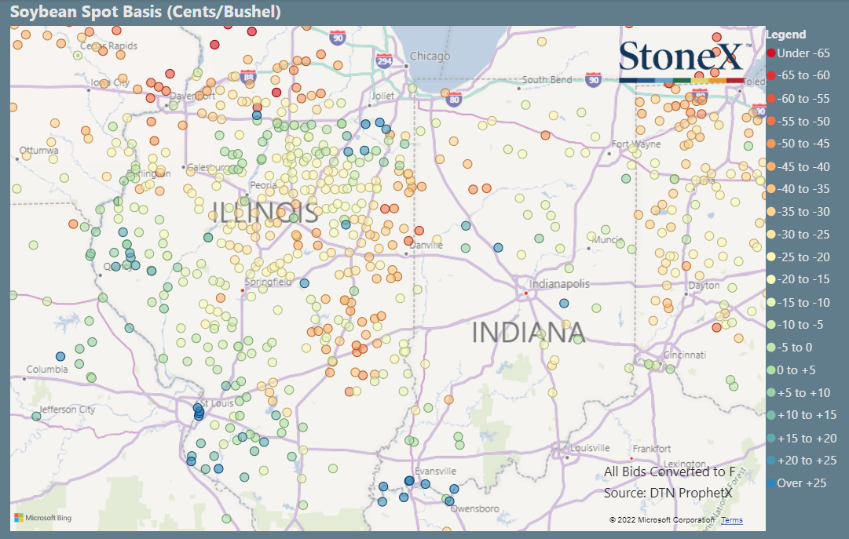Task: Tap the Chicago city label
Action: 430,56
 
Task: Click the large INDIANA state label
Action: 528,333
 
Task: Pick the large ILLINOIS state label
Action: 265,213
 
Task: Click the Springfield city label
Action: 269,282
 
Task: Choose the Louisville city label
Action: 589,448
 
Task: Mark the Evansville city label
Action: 435,471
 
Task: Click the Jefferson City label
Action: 66,410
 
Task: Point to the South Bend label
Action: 547,80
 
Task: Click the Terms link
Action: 731,520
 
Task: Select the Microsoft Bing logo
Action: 42,518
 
